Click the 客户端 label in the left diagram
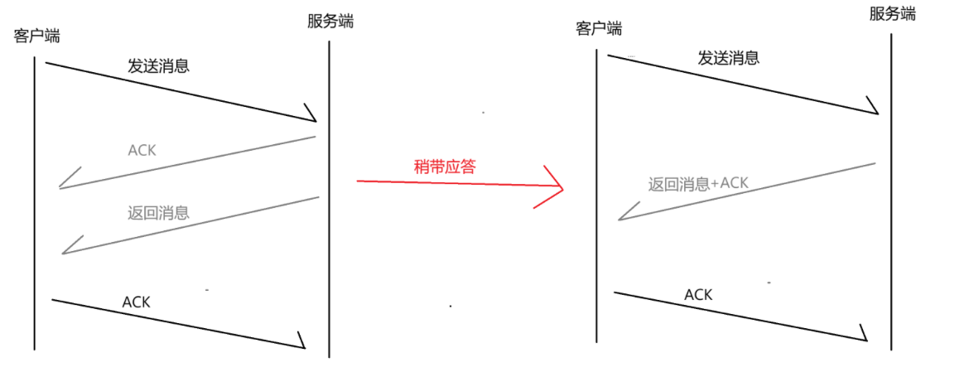point(36,36)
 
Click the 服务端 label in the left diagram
point(330,22)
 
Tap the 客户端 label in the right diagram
point(599,29)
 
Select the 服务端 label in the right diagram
point(893,14)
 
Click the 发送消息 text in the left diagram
point(158,66)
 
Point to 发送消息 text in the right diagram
point(729,58)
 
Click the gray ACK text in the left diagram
point(142,151)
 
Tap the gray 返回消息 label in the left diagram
point(158,213)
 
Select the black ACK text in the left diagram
point(136,302)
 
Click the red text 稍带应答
point(445,166)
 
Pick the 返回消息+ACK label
point(698,184)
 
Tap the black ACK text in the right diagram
point(698,294)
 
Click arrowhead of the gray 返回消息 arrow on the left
point(65,251)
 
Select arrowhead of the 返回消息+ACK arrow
point(622,218)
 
